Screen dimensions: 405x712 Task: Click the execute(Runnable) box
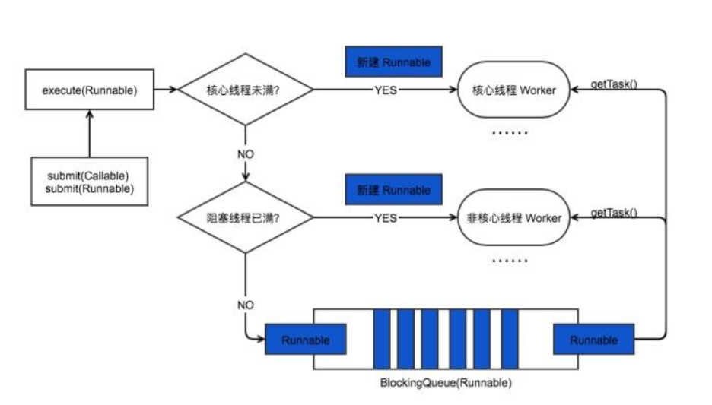pos(90,90)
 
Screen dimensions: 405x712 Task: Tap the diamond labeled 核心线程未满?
pos(245,90)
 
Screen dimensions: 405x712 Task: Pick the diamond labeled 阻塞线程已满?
pos(245,218)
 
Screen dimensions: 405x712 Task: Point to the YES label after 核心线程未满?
pos(385,90)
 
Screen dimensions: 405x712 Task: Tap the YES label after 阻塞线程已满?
pos(385,218)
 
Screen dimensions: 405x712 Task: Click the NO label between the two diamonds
pos(245,154)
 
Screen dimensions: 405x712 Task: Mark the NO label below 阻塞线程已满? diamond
pos(245,305)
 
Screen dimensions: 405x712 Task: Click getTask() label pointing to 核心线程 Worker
pos(614,84)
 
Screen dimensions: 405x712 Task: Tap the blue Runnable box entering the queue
pos(306,340)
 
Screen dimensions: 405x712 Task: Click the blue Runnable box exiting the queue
pos(593,340)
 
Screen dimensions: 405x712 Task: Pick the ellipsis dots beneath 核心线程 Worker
pos(509,132)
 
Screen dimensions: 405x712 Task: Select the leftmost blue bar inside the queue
pos(381,339)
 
